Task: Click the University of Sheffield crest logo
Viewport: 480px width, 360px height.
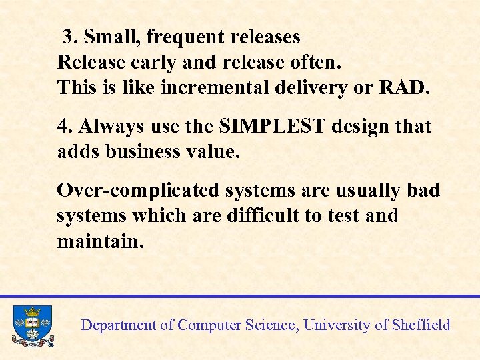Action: coord(32,326)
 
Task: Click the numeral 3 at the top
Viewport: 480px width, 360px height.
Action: coord(67,37)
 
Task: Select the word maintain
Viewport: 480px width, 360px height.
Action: coord(100,241)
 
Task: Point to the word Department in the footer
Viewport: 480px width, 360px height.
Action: coord(118,325)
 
